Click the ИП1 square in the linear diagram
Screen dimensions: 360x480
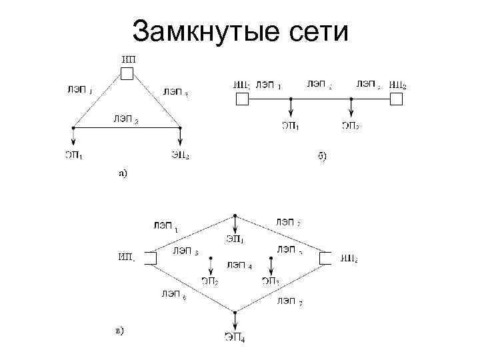click(241, 99)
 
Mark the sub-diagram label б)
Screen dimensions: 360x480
click(321, 157)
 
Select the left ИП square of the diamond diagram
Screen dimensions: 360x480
click(151, 258)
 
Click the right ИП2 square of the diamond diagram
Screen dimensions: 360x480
click(325, 258)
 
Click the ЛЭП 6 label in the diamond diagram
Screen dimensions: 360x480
click(172, 294)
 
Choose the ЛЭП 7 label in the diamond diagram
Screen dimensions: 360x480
click(290, 302)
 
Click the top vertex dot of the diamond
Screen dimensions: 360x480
click(235, 216)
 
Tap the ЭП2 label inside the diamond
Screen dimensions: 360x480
click(210, 281)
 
